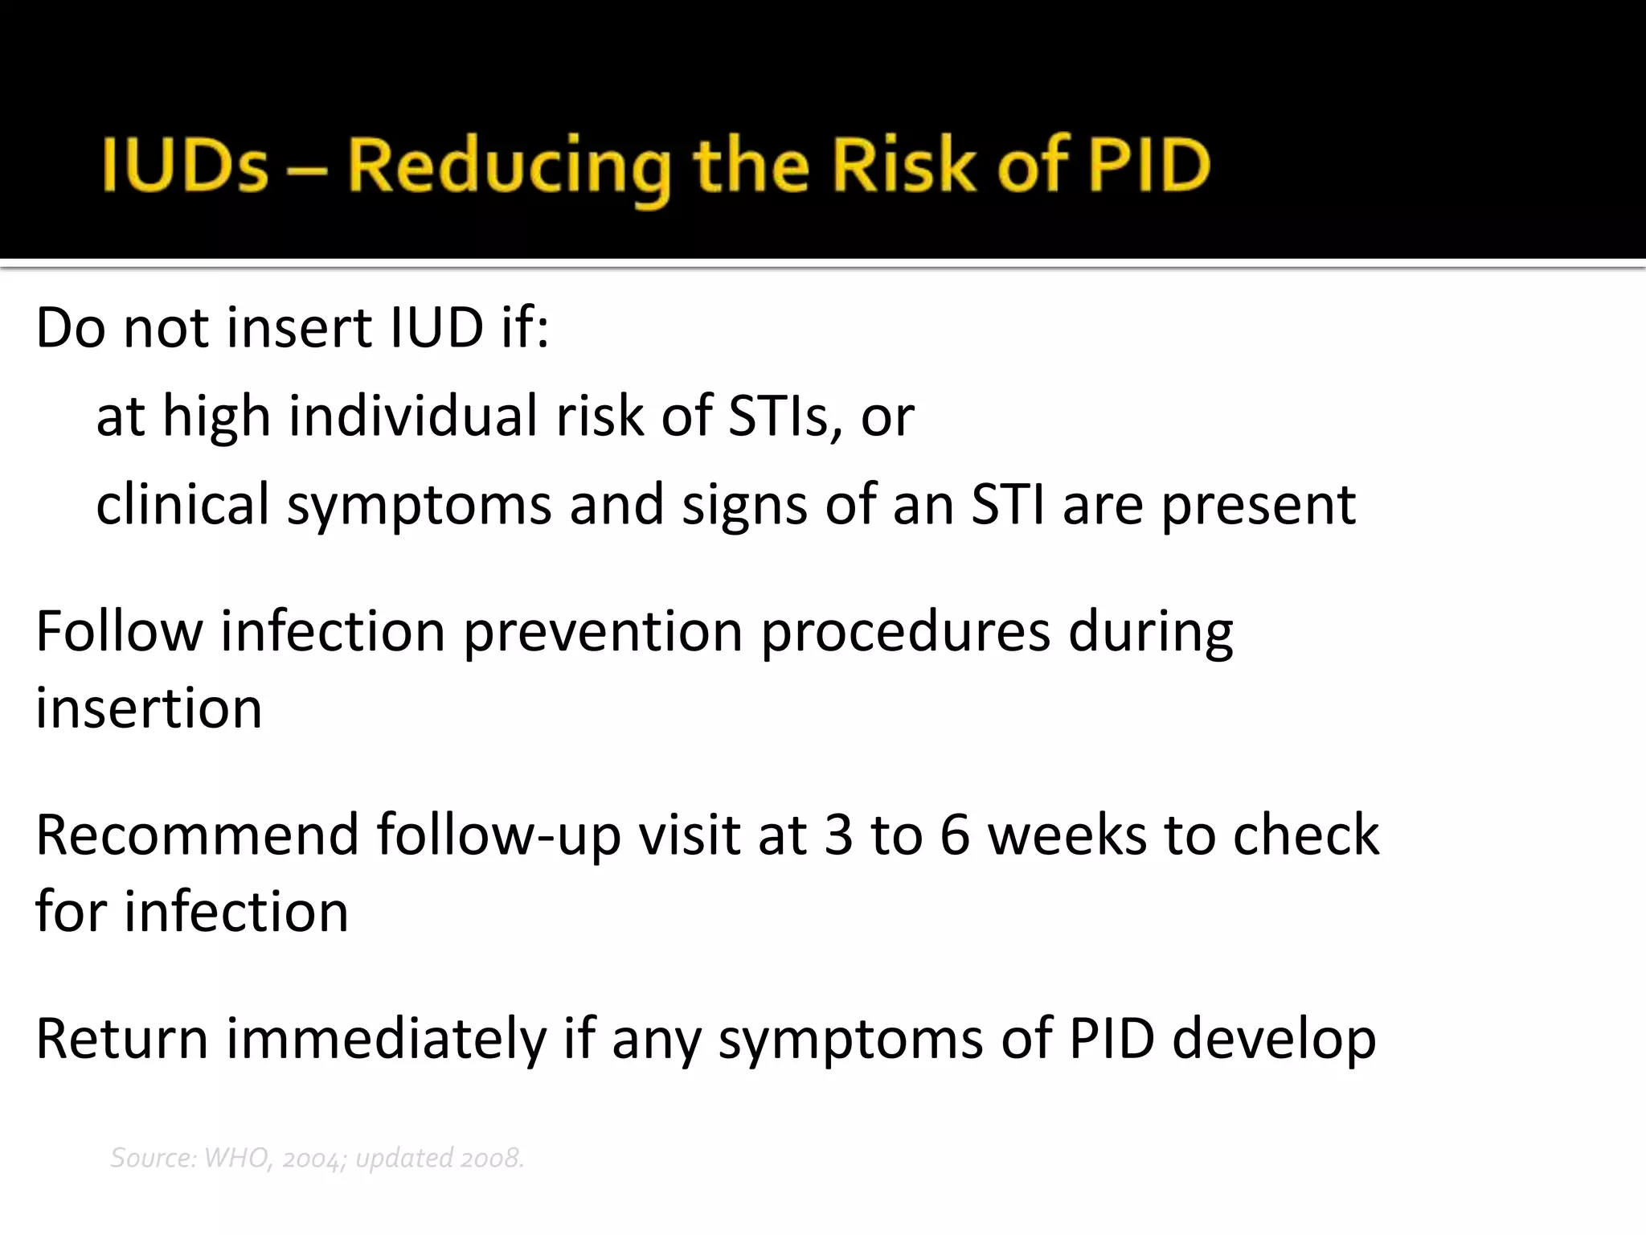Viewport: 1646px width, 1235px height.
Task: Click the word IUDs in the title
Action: click(185, 166)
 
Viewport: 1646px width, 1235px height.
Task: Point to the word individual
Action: click(414, 416)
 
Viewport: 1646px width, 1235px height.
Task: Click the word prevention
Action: click(603, 631)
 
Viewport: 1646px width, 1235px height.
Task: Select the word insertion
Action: click(149, 708)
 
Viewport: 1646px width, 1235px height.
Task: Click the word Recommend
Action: click(197, 835)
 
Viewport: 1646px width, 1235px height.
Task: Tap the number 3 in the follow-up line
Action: click(838, 835)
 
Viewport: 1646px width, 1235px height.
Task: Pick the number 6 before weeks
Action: click(955, 835)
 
